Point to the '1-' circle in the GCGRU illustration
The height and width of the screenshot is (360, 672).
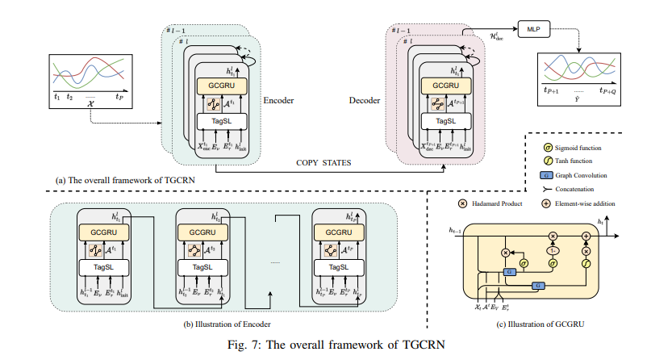point(553,251)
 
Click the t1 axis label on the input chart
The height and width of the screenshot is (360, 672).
point(56,95)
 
